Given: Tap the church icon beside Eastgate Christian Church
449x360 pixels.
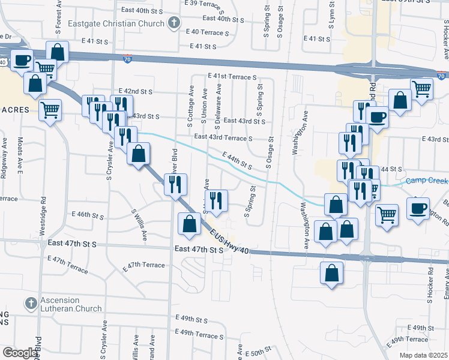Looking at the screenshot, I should pos(174,24).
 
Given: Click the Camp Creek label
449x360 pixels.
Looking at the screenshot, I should pos(427,181).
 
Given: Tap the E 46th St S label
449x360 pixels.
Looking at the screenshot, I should pos(88,214).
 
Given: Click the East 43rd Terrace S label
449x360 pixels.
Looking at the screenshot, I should pos(223,138).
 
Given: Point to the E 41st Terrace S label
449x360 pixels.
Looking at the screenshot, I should pos(232,77).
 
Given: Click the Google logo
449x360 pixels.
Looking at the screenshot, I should pos(20,353).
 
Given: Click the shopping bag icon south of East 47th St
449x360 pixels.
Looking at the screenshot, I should pos(331,274).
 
